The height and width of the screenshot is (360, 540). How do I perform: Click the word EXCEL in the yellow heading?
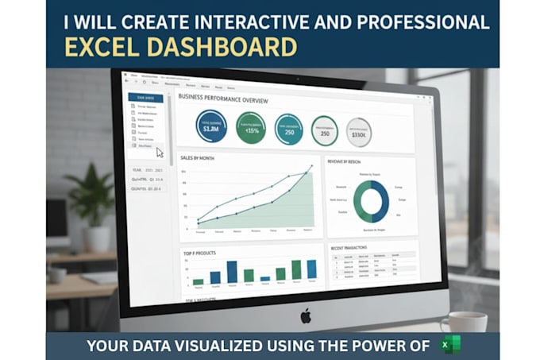pos(101,47)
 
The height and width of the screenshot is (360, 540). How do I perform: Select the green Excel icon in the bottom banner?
pos(452,346)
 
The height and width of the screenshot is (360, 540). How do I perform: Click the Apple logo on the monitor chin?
pos(306,315)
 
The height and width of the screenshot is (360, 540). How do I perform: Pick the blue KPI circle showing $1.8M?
pos(211,126)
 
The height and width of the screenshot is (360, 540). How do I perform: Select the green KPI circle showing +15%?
pos(251,127)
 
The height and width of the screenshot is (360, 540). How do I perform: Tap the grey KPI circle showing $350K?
pos(358,132)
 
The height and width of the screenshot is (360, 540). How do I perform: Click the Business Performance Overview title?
pos(223,99)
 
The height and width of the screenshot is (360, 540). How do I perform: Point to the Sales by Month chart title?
pos(199,158)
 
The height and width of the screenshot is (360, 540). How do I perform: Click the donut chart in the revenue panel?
pos(371,200)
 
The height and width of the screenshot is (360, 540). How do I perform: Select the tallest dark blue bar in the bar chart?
pos(232,272)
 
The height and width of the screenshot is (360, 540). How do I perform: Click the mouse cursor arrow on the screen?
pos(159,152)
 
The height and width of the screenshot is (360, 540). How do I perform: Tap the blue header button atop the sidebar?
pos(146,98)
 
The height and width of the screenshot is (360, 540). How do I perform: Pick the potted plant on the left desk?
pos(91,203)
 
